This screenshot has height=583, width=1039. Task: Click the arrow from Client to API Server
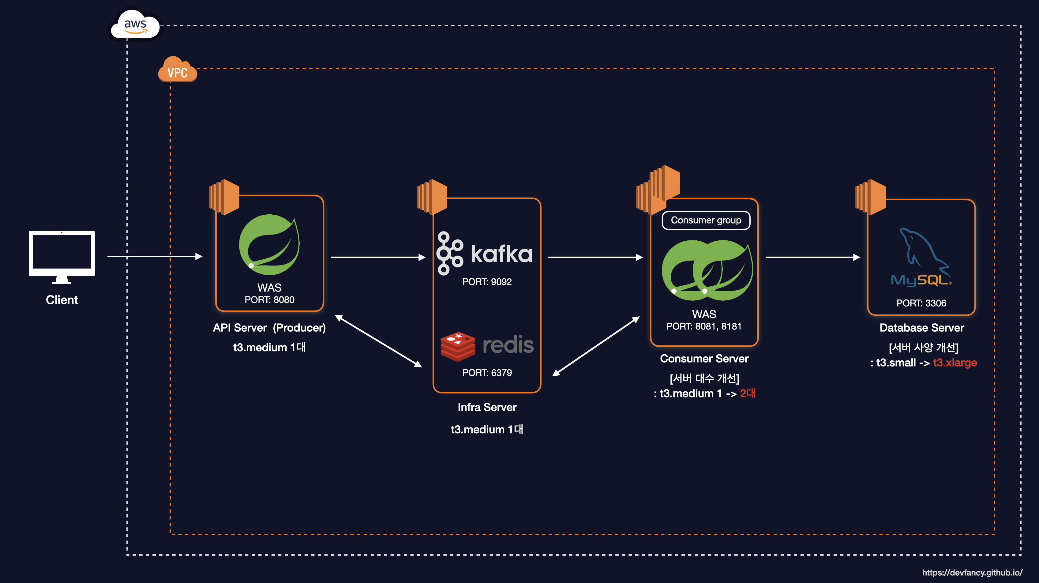pos(155,256)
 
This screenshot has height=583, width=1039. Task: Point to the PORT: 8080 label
pos(269,300)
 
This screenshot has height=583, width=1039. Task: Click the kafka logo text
pos(501,254)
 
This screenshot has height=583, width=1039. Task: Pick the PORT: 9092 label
pos(487,282)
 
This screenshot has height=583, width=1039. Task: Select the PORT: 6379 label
pos(487,372)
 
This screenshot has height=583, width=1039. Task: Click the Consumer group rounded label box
pos(706,220)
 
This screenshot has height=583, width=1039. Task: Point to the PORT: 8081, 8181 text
pos(704,326)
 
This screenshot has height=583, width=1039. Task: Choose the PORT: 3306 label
pos(921,303)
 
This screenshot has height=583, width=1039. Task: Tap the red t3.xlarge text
pos(955,362)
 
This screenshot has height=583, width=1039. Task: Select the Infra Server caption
pos(487,407)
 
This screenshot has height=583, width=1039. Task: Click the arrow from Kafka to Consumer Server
pos(595,257)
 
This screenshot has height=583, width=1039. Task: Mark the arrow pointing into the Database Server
pos(812,257)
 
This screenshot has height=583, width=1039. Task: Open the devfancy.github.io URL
pos(972,572)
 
